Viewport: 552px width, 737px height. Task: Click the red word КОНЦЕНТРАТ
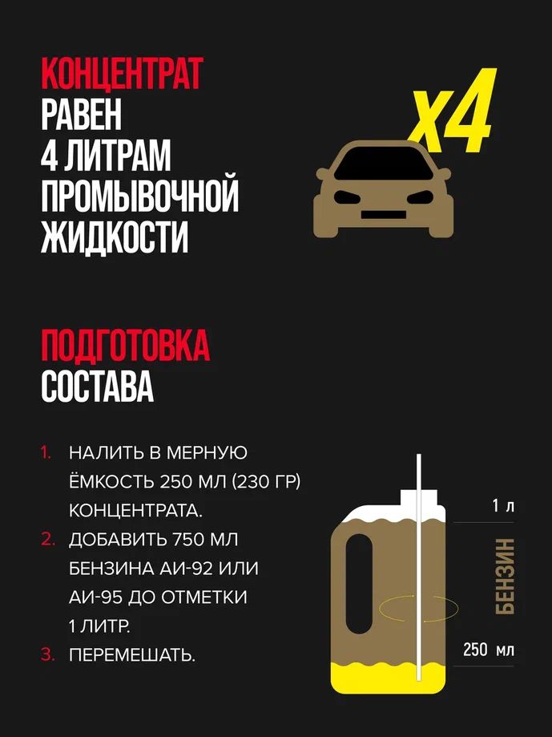pos(122,74)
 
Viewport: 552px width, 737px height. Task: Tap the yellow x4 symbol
pos(452,113)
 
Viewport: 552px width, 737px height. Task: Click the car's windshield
pos(384,164)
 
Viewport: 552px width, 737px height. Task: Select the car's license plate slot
pos(384,215)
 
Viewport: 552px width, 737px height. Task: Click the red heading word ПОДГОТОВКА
pos(125,346)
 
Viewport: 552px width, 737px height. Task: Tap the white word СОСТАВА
pos(97,387)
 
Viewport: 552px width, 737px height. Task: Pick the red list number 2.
pos(48,540)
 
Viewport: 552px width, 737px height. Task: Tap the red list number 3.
pos(48,654)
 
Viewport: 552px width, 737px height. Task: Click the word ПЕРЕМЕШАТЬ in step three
pos(132,654)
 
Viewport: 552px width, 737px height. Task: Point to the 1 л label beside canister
pos(503,507)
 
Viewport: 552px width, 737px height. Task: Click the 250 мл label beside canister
pos(489,650)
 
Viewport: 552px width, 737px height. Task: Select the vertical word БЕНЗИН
pos(505,577)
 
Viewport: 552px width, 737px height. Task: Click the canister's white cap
pos(418,498)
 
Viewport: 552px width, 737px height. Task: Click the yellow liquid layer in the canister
pos(388,678)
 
